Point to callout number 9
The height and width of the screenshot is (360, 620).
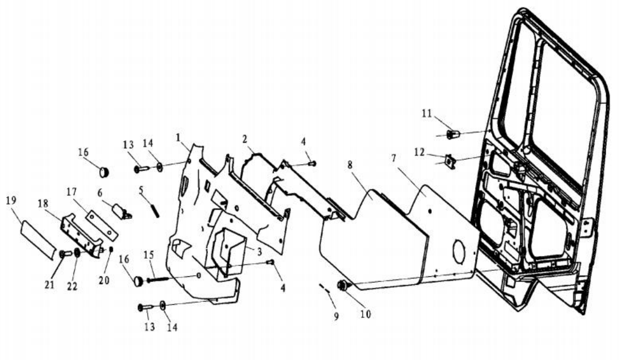pos(337,316)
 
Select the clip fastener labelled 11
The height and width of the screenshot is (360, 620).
pos(453,133)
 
